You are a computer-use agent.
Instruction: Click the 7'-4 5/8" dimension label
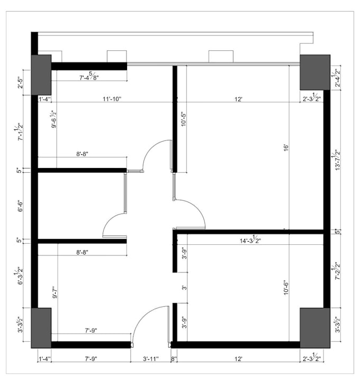pyautogui.click(x=89, y=77)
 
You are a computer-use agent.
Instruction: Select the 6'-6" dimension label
pyautogui.click(x=20, y=205)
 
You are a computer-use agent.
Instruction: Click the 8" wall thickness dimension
pyautogui.click(x=173, y=359)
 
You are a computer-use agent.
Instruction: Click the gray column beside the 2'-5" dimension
pyautogui.click(x=41, y=74)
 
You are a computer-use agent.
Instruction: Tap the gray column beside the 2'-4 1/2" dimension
pyautogui.click(x=314, y=72)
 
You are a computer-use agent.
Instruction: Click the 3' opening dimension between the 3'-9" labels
pyautogui.click(x=183, y=288)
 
